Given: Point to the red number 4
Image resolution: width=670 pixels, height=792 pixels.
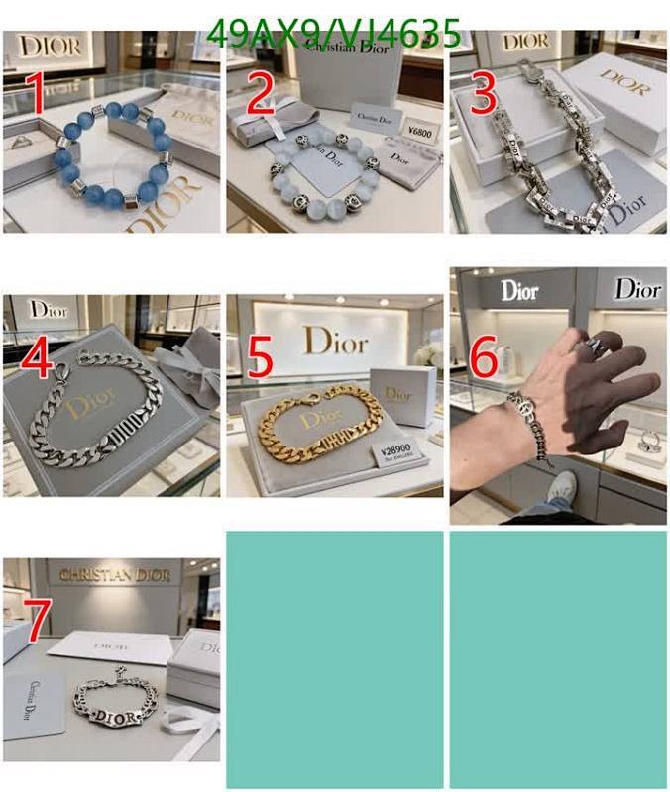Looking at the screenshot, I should pyautogui.click(x=36, y=358).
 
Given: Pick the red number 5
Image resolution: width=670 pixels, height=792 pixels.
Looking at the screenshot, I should pyautogui.click(x=260, y=358).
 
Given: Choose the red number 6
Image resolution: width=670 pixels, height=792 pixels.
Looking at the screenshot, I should pyautogui.click(x=483, y=358).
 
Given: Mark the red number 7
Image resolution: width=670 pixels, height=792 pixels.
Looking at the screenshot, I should pyautogui.click(x=36, y=622).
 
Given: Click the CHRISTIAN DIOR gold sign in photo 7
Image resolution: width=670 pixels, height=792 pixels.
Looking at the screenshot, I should pyautogui.click(x=115, y=575).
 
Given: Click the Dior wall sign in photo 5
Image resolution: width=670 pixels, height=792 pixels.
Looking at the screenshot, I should pyautogui.click(x=335, y=342).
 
